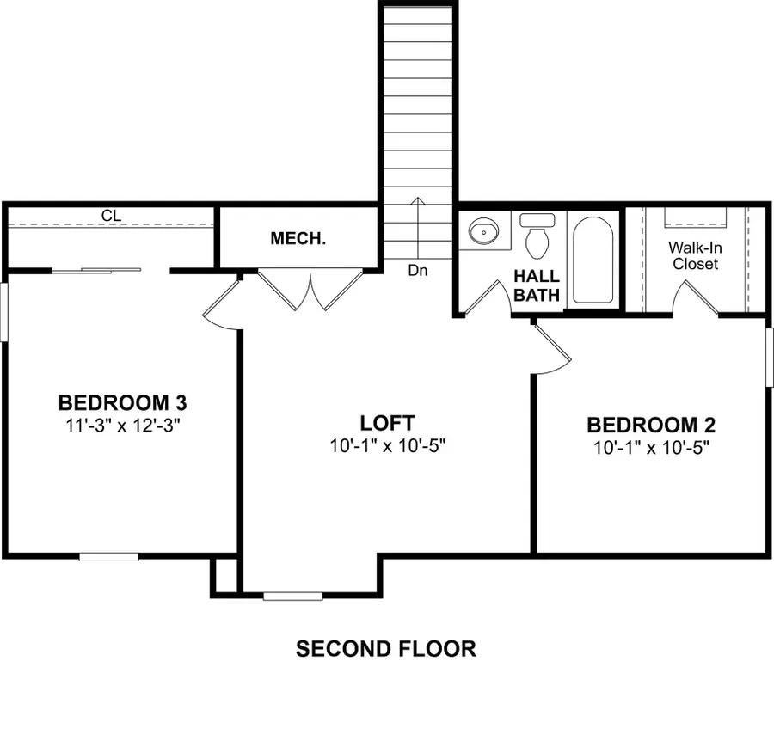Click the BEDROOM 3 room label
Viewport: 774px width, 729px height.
[x=122, y=401]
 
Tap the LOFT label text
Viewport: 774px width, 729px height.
[x=387, y=423]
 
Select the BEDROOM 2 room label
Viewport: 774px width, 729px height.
[x=651, y=425]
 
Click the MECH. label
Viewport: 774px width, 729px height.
[x=298, y=238]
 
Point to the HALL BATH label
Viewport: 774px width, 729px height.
[x=537, y=285]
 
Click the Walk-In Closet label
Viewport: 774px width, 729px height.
[x=695, y=255]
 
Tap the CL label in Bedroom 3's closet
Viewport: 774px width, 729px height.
[x=110, y=215]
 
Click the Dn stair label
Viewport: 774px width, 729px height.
[x=418, y=270]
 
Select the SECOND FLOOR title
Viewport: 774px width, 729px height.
[x=385, y=648]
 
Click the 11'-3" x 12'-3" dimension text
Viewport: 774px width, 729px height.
[x=122, y=425]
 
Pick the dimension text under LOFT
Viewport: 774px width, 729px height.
[x=387, y=446]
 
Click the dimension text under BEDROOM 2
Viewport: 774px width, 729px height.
[x=651, y=448]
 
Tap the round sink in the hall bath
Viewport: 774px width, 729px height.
[x=483, y=230]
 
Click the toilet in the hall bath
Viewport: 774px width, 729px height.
[x=538, y=236]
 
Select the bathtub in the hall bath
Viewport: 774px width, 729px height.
[x=593, y=259]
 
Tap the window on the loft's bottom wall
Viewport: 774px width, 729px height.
[x=293, y=596]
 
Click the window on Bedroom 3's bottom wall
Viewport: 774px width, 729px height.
[x=109, y=557]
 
